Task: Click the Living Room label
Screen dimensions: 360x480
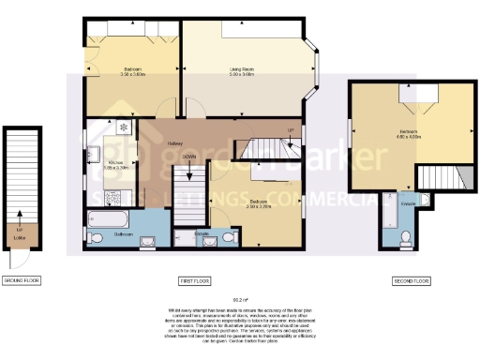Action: pyautogui.click(x=243, y=68)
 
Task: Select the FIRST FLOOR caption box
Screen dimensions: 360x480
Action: pyautogui.click(x=193, y=280)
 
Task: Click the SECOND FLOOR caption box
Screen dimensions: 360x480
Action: pyautogui.click(x=411, y=280)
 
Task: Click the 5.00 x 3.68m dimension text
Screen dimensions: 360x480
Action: pyautogui.click(x=243, y=74)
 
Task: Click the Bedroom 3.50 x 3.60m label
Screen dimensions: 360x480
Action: pyautogui.click(x=130, y=71)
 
